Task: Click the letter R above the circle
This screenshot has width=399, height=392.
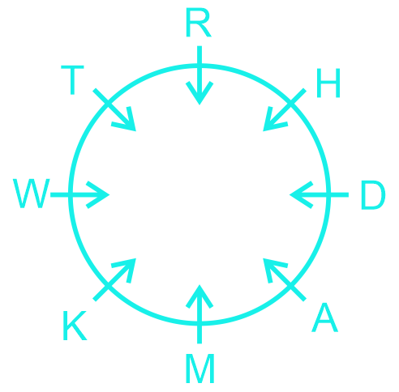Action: (x=199, y=23)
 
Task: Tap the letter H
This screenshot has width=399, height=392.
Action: (x=328, y=83)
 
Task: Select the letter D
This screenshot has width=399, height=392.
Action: (x=373, y=195)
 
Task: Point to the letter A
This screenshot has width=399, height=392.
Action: (x=325, y=317)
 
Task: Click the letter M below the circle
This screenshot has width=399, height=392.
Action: (x=200, y=369)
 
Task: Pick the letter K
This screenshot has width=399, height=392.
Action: (x=75, y=326)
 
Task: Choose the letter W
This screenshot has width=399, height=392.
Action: (x=32, y=194)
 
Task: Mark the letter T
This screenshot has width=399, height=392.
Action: (x=72, y=80)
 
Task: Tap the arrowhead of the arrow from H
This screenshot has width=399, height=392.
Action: (x=273, y=121)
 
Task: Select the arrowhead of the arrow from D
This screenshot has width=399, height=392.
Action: (x=301, y=194)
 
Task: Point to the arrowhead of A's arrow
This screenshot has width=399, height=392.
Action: (x=273, y=268)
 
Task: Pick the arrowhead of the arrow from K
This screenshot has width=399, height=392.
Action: (x=126, y=268)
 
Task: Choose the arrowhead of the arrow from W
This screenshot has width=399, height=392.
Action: (x=98, y=194)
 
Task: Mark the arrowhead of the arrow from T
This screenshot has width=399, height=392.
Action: (x=126, y=121)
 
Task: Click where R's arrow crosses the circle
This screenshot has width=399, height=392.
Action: (x=199, y=66)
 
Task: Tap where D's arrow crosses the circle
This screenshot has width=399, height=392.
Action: (x=328, y=194)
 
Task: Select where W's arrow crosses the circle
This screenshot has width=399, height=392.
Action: (x=71, y=194)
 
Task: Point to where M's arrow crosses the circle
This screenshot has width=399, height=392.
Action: (x=199, y=323)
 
